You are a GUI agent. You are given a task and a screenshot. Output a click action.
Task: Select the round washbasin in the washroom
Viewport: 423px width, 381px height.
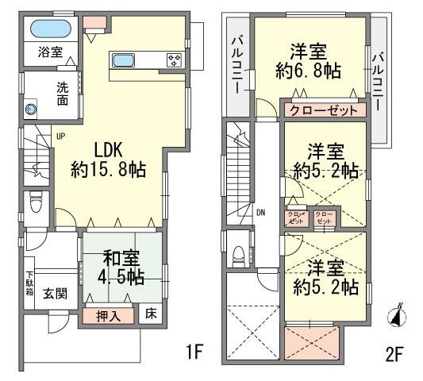(32, 110)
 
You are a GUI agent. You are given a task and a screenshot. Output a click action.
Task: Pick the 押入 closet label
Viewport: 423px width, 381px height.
(108, 315)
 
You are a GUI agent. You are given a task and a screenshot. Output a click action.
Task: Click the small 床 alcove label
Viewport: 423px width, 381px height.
(151, 314)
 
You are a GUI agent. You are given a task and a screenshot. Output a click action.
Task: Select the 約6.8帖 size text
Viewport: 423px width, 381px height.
(310, 71)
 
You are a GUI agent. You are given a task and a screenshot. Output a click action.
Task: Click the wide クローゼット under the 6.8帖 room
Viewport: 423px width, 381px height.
(323, 110)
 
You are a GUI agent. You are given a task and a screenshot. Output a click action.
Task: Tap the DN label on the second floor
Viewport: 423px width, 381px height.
(260, 213)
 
